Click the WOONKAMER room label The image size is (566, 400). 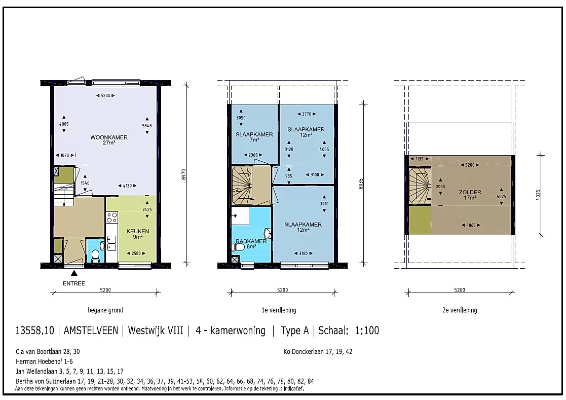click(108, 137)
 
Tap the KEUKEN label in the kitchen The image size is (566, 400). click(137, 231)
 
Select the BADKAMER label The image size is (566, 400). click(251, 241)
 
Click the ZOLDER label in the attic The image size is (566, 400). click(470, 193)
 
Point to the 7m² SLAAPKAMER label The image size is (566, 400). click(254, 134)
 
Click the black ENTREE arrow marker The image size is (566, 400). click(74, 273)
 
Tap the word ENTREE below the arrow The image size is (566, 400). click(74, 283)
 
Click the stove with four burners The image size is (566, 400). click(111, 217)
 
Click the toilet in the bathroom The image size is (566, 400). click(239, 247)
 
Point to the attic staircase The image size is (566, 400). click(420, 186)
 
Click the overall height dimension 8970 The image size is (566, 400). click(184, 175)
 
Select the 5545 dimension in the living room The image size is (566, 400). click(147, 126)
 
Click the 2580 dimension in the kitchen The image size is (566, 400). click(136, 253)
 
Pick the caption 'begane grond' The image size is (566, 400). click(105, 310)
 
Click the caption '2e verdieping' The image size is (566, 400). click(460, 310)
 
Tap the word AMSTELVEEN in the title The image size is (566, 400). click(91, 331)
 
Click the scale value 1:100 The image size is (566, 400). click(367, 331)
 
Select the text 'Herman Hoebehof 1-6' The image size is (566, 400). click(45, 361)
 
